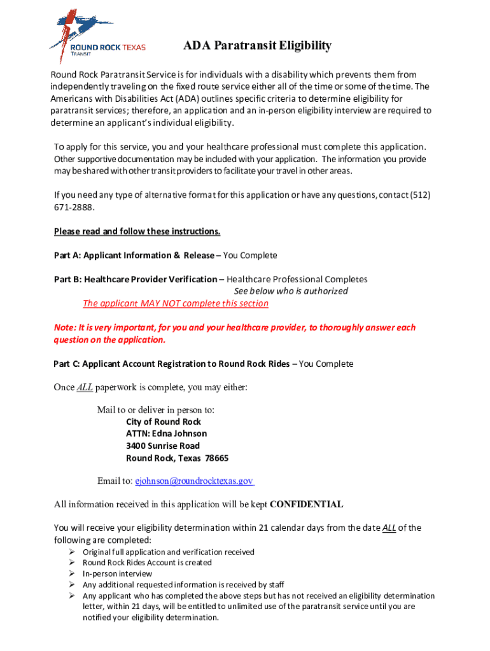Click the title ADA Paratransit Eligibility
(257, 46)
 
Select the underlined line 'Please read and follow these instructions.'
(137, 231)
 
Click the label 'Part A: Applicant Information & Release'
(136, 255)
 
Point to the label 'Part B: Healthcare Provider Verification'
(135, 279)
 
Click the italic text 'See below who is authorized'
(291, 291)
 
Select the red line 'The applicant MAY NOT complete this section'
(176, 303)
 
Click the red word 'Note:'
(64, 327)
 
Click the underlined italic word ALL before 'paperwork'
(85, 387)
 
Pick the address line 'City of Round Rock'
(164, 422)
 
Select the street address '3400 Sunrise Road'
(163, 446)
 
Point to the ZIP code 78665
(217, 458)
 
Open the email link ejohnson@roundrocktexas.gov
(194, 481)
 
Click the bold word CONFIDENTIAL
(307, 505)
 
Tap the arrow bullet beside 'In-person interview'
(72, 573)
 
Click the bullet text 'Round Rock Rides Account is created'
(147, 563)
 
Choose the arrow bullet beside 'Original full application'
(72, 552)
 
